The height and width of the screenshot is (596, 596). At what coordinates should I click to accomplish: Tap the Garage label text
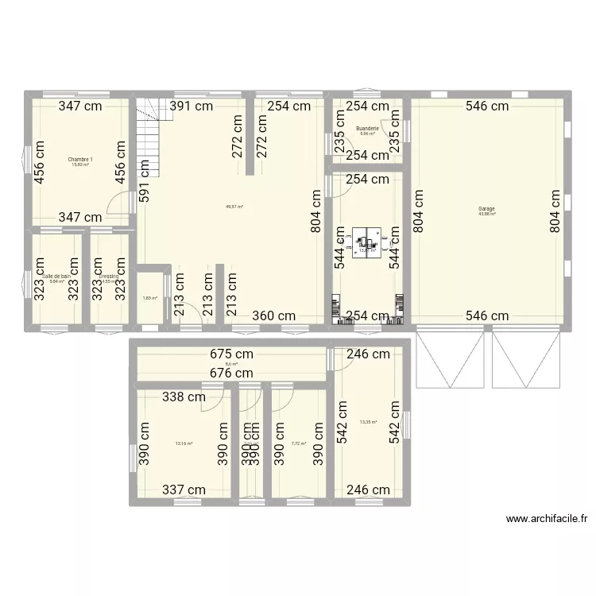486,209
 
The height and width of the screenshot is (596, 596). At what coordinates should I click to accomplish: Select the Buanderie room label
367,128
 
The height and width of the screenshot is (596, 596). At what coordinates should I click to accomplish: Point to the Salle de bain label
56,276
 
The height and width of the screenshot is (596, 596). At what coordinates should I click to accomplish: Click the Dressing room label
108,276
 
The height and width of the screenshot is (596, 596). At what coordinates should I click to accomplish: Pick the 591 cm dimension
145,182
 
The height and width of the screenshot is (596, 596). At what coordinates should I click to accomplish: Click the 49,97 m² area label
234,207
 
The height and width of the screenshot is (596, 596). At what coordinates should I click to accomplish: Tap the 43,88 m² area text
486,214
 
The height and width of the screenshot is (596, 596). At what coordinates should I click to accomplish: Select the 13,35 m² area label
368,422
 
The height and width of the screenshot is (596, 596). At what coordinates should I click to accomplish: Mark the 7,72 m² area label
299,443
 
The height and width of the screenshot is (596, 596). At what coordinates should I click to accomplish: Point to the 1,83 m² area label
149,298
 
